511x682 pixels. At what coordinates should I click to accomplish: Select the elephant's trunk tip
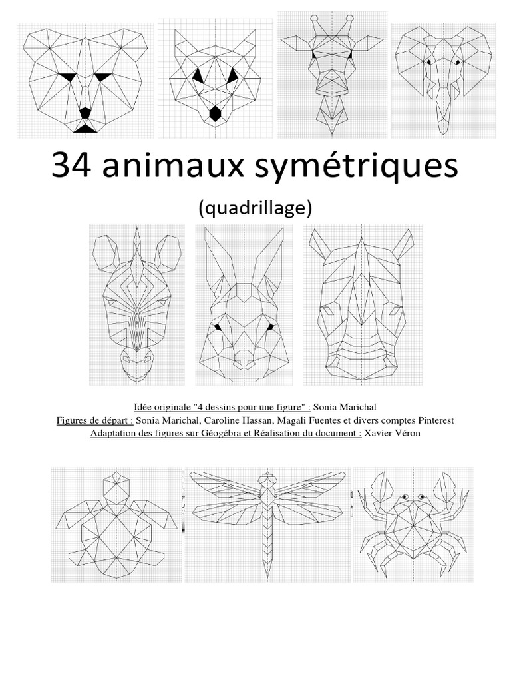coord(441,130)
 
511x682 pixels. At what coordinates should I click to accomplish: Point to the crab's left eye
coord(403,496)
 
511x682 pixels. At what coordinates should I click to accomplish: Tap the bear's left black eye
coord(67,77)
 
